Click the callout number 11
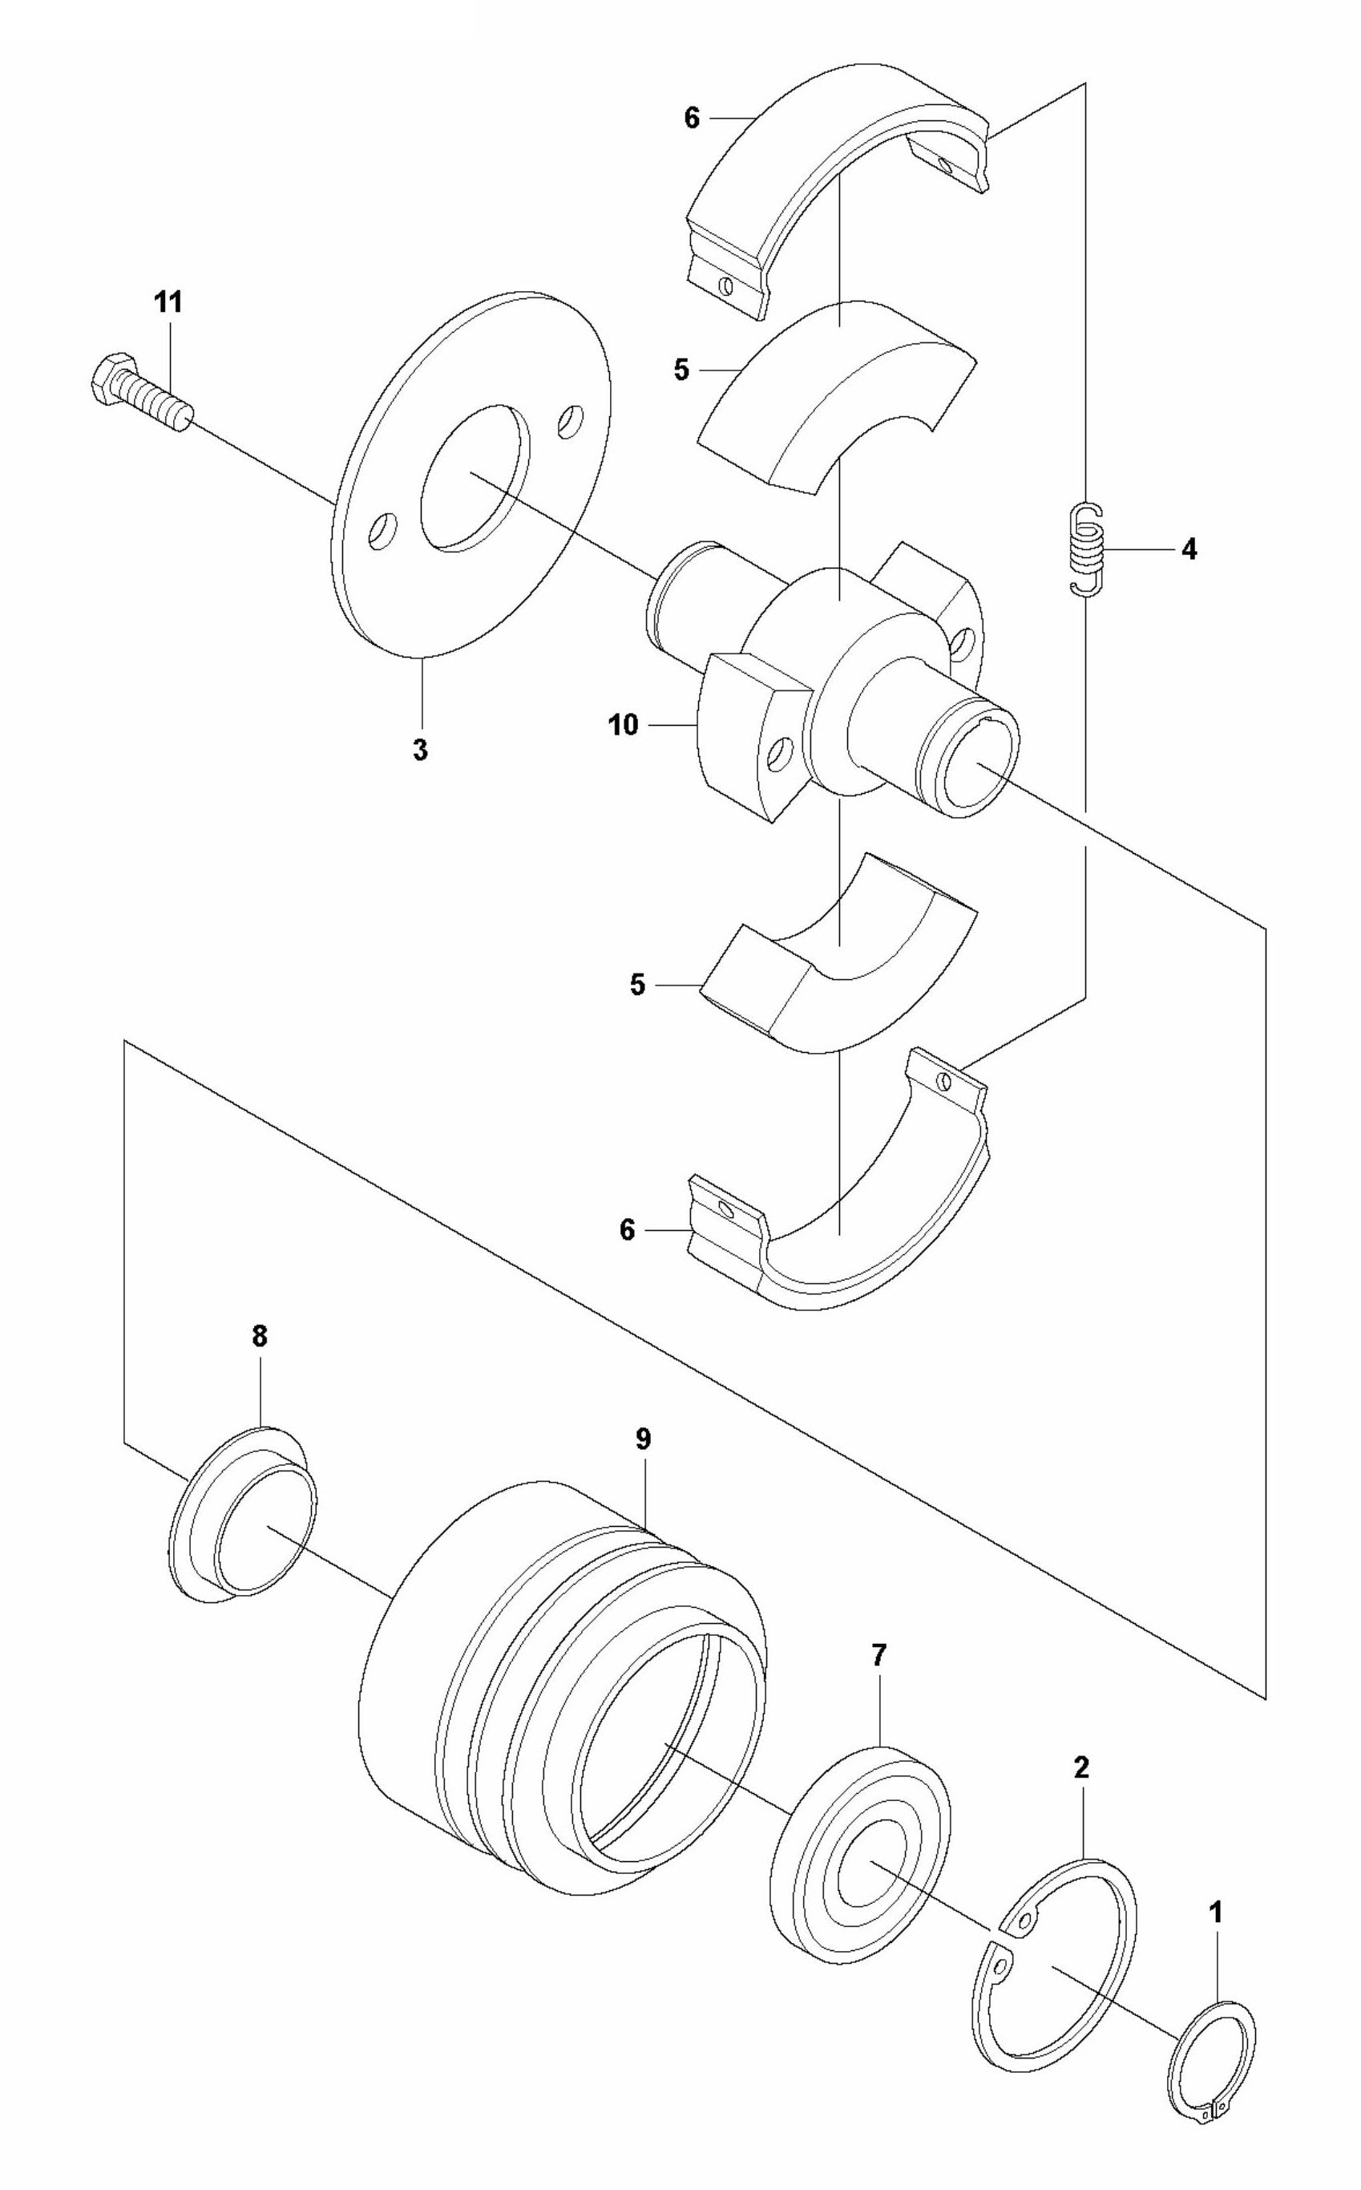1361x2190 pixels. (168, 303)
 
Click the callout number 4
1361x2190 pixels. (1189, 549)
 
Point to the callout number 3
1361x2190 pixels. (420, 750)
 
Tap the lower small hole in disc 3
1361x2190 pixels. (382, 530)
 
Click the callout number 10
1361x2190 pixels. (622, 724)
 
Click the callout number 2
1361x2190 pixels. (1081, 1767)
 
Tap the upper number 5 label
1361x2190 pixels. (681, 370)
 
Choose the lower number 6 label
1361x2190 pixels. (628, 1230)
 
